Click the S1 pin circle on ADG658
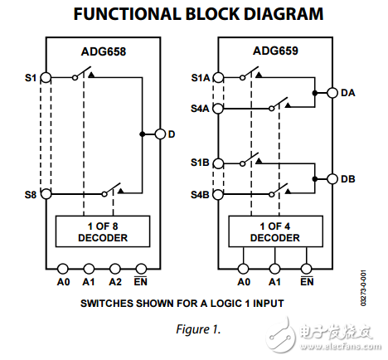coord(46,78)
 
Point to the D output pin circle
coord(160,134)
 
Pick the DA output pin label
coord(349,93)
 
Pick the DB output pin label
coord(349,178)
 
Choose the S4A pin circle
coord(218,108)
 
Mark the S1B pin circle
coord(218,163)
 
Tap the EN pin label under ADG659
coord(306,281)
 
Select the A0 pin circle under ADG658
coord(63,268)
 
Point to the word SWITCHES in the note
coord(106,304)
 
